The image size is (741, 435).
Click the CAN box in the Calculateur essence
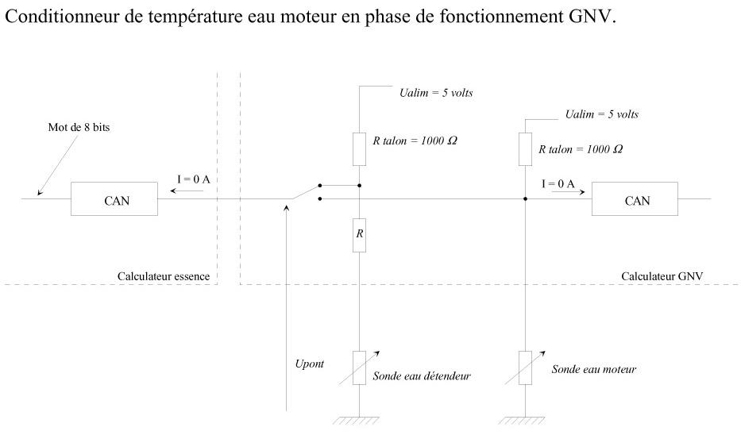tap(114, 198)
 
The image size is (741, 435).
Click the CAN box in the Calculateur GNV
tap(635, 198)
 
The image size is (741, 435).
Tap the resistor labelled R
tap(359, 235)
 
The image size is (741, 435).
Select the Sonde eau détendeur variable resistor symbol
tap(359, 368)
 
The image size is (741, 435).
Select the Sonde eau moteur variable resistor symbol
tap(525, 368)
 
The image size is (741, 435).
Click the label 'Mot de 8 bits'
tap(79, 127)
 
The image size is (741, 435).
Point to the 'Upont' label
tap(310, 364)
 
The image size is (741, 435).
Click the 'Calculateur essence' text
tap(164, 276)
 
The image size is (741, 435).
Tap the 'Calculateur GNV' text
tap(662, 276)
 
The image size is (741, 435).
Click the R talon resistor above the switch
tap(359, 149)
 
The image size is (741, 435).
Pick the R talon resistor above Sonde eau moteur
tap(525, 149)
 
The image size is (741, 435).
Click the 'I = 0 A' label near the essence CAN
tap(193, 179)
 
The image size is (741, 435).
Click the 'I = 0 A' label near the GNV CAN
tap(558, 183)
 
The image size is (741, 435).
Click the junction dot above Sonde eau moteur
tap(525, 198)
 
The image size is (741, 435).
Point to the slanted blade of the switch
tap(305, 192)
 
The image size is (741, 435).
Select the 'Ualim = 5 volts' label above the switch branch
tap(436, 93)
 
